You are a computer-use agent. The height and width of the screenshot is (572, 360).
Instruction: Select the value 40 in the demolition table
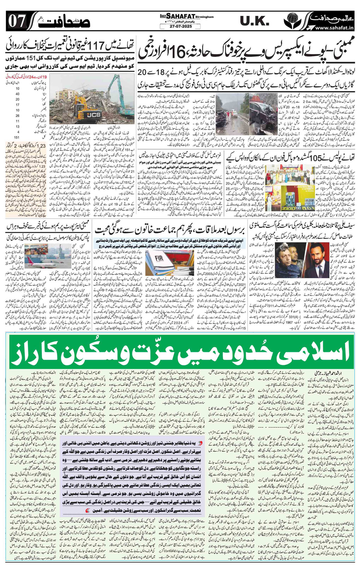coord(17,94)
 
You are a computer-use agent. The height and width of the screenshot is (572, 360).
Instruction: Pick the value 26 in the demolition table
coord(17,115)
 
